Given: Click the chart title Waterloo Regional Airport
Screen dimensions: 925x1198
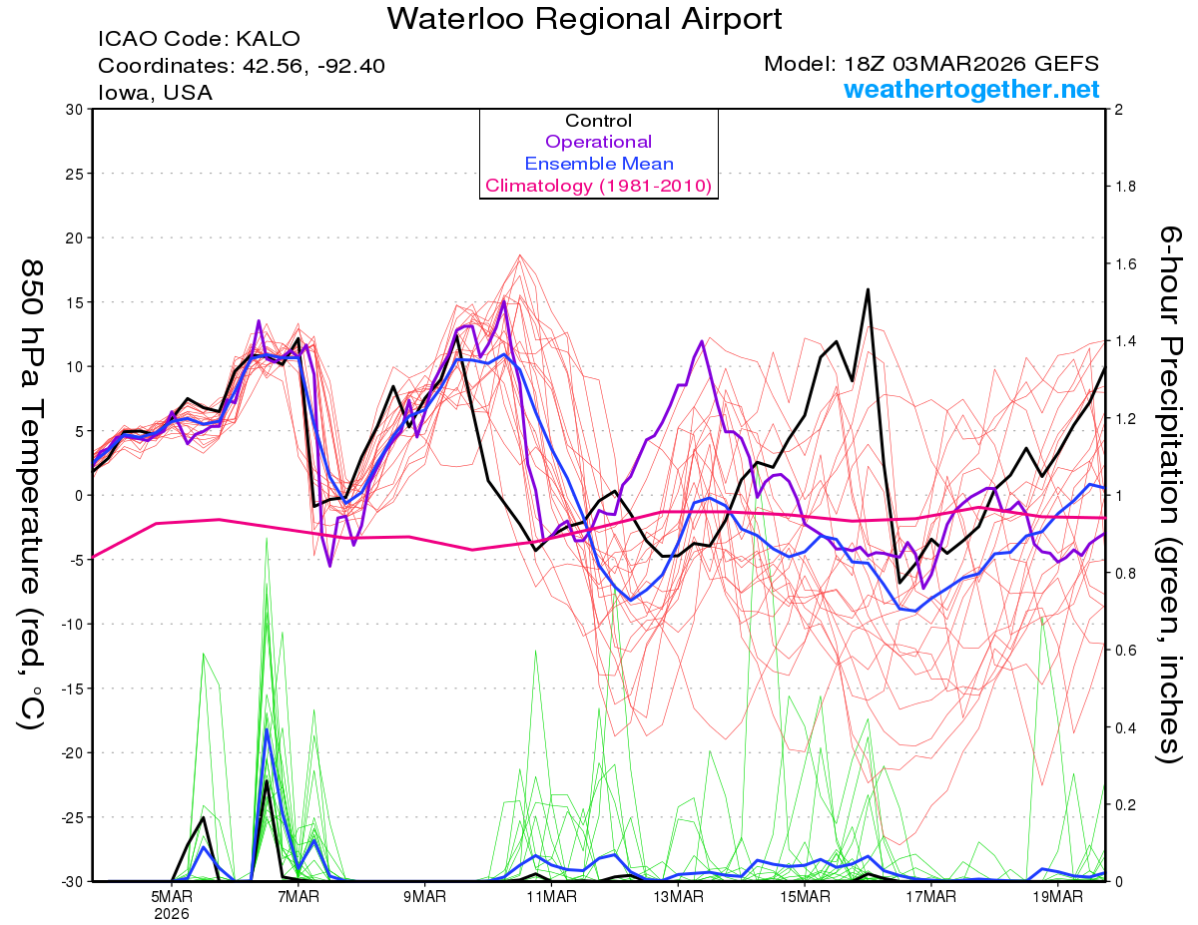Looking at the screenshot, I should (584, 18).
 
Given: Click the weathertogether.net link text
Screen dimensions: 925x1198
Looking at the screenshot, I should (971, 90).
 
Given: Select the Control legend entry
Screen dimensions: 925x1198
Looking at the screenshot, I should (598, 121).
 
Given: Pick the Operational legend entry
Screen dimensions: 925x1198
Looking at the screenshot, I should (598, 142).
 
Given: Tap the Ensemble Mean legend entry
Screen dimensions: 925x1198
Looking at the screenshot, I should (598, 164).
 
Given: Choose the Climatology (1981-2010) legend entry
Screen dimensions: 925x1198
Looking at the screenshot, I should (598, 186).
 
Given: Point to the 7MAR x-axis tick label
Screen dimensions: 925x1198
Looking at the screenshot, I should (299, 897).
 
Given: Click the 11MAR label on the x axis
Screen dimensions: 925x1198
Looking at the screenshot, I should (551, 897).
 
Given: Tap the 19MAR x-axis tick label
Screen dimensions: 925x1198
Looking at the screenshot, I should (1056, 897).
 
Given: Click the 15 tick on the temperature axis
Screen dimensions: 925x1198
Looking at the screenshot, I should (74, 302).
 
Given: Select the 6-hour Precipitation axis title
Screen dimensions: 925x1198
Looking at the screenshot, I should (1170, 495).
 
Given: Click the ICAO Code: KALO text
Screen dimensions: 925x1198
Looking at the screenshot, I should (199, 40).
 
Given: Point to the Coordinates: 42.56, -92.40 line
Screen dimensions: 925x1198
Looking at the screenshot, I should (242, 66).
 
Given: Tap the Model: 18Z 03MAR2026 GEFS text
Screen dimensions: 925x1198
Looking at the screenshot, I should (931, 64).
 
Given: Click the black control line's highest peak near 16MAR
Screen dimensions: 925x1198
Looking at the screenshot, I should (868, 289).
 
